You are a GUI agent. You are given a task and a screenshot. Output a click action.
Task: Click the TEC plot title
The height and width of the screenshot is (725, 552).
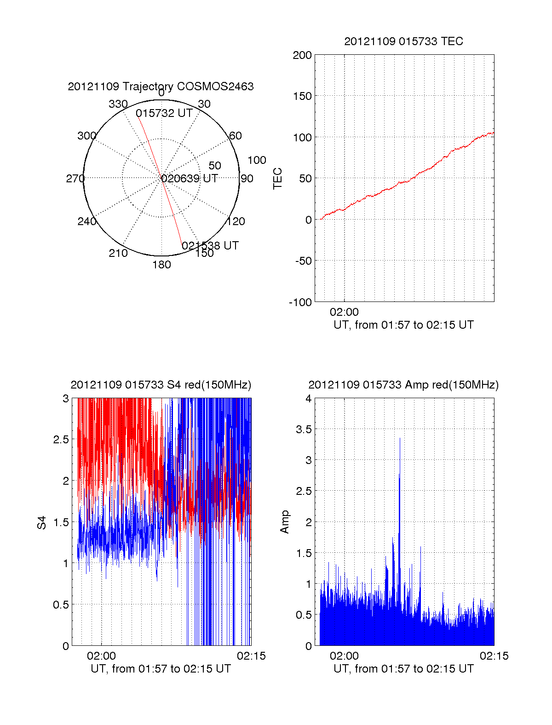(x=403, y=41)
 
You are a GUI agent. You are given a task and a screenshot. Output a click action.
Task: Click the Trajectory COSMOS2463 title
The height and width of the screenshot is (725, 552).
(x=161, y=87)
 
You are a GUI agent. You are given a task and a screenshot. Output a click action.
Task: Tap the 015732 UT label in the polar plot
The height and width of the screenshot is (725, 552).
(x=164, y=113)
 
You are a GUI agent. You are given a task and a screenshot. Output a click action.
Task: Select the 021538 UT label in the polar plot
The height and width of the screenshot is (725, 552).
(x=210, y=246)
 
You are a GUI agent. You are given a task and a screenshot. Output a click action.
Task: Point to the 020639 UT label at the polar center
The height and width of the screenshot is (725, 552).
(x=190, y=179)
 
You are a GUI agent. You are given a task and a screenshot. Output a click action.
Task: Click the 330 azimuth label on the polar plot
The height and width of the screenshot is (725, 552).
(x=118, y=104)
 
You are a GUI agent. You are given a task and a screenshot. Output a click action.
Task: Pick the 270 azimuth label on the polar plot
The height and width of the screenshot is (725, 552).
(x=75, y=179)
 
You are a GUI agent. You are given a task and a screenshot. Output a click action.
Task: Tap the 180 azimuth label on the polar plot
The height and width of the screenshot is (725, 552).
(x=161, y=265)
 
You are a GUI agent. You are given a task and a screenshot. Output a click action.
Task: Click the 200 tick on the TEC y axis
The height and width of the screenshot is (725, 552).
(x=302, y=55)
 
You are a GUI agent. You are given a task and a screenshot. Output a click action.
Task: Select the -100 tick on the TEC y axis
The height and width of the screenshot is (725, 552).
(x=300, y=302)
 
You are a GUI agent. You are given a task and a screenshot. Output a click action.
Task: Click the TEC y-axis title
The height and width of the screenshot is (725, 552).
(x=278, y=179)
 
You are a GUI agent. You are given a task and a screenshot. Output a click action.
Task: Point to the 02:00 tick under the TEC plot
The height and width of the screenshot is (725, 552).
(x=344, y=312)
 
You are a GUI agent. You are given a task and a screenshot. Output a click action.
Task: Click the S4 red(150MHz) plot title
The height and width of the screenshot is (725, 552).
(x=161, y=385)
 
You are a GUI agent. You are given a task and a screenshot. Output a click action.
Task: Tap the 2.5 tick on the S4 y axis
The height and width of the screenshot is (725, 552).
(x=61, y=440)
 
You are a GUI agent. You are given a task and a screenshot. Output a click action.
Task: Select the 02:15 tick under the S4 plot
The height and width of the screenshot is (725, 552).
(x=251, y=656)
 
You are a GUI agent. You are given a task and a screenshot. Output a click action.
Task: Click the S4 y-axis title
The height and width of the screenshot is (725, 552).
(x=42, y=522)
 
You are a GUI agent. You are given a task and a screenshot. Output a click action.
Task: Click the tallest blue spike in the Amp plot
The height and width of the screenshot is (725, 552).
(x=400, y=440)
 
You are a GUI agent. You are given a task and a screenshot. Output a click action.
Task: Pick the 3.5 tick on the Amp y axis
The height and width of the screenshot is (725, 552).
(x=304, y=429)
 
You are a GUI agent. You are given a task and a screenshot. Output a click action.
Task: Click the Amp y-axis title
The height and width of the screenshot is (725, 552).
(x=285, y=522)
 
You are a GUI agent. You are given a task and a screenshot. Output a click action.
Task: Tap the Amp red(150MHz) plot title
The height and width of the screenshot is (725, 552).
(x=403, y=385)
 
